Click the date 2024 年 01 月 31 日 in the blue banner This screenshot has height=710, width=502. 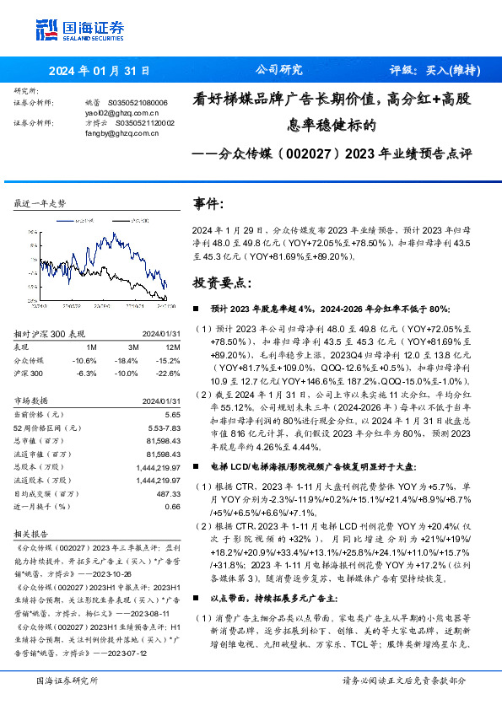coord(99,71)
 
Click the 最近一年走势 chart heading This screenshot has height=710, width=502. coord(40,204)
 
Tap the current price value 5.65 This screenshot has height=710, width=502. coord(172,416)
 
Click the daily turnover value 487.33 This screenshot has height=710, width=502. coord(167,494)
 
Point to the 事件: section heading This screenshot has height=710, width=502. coord(210,205)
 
